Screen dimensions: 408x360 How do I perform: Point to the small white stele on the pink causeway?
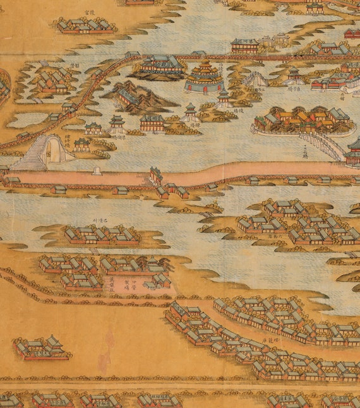click(96, 171)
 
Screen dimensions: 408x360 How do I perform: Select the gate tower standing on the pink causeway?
click(155, 175)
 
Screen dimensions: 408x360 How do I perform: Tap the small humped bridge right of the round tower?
click(256, 79)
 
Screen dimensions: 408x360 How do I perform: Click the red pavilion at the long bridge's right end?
click(352, 153)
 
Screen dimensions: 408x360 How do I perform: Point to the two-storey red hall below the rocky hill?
click(152, 123)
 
